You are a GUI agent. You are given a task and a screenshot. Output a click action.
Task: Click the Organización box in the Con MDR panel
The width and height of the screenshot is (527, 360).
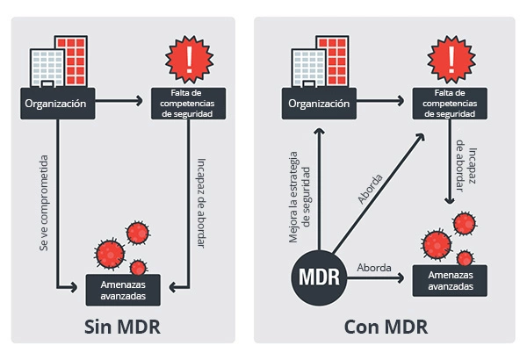[315, 104]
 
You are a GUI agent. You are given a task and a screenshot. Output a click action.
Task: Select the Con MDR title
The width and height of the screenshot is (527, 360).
[386, 328]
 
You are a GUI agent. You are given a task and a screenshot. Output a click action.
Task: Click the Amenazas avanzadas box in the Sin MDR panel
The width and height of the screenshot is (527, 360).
[123, 286]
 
